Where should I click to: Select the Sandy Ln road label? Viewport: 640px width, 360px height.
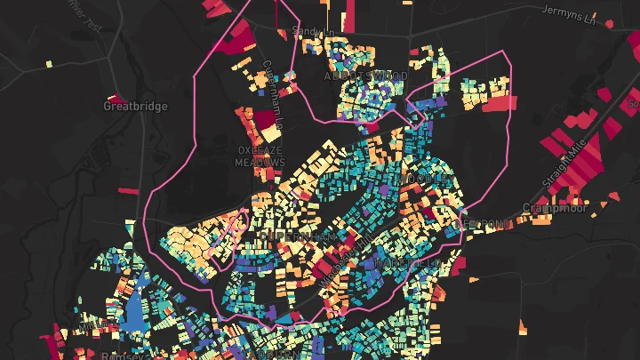pyautogui.click(x=313, y=33)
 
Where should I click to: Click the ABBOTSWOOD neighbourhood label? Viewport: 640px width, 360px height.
pyautogui.click(x=365, y=77)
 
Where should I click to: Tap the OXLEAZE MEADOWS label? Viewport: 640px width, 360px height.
pyautogui.click(x=260, y=156)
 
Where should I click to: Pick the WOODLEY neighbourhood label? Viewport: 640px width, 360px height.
pyautogui.click(x=424, y=180)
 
